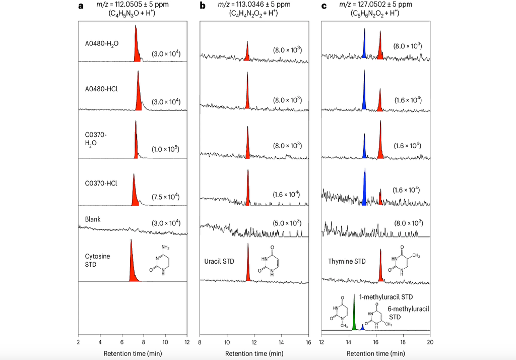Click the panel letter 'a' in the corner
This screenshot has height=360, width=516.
click(81, 6)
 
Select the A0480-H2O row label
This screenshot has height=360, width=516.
click(102, 43)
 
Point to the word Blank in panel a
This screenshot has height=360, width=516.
click(93, 219)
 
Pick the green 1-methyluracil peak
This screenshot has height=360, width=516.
click(355, 315)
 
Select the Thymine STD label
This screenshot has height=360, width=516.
click(347, 261)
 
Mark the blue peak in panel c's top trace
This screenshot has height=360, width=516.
click(364, 45)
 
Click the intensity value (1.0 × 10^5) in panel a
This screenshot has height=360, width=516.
click(166, 150)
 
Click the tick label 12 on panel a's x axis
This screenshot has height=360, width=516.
click(187, 341)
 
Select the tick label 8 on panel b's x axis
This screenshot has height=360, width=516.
click(200, 341)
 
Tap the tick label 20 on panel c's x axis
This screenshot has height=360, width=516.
click(430, 341)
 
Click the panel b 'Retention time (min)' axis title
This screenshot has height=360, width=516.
click(254, 353)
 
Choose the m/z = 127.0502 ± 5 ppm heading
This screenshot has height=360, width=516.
click(375, 5)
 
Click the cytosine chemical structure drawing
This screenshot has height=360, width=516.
click(161, 259)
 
